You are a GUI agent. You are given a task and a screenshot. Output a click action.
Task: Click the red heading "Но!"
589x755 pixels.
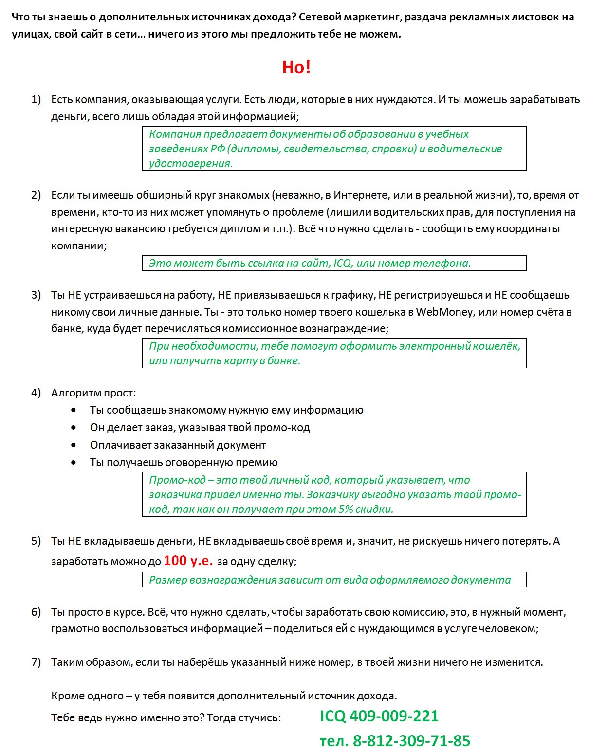tap(296, 67)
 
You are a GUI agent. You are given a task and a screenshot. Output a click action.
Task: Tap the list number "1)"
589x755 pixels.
tap(36, 100)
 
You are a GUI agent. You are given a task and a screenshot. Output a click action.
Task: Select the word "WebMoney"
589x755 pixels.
tap(444, 312)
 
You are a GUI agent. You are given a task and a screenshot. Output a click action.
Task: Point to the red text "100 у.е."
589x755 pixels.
tap(188, 561)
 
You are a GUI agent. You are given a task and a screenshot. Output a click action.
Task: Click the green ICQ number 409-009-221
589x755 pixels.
tap(394, 716)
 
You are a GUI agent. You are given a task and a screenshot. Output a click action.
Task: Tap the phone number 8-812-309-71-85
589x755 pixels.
tap(411, 741)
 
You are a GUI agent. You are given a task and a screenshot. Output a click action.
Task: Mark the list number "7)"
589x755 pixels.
tap(36, 662)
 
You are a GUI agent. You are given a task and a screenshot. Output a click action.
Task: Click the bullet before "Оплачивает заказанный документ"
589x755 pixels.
tap(74, 445)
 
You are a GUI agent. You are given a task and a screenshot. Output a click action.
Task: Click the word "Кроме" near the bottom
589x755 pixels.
tap(67, 696)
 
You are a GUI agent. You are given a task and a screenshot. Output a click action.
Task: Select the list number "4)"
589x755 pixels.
tap(36, 393)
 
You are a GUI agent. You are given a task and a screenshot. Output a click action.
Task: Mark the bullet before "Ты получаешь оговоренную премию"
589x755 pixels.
tap(74, 463)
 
